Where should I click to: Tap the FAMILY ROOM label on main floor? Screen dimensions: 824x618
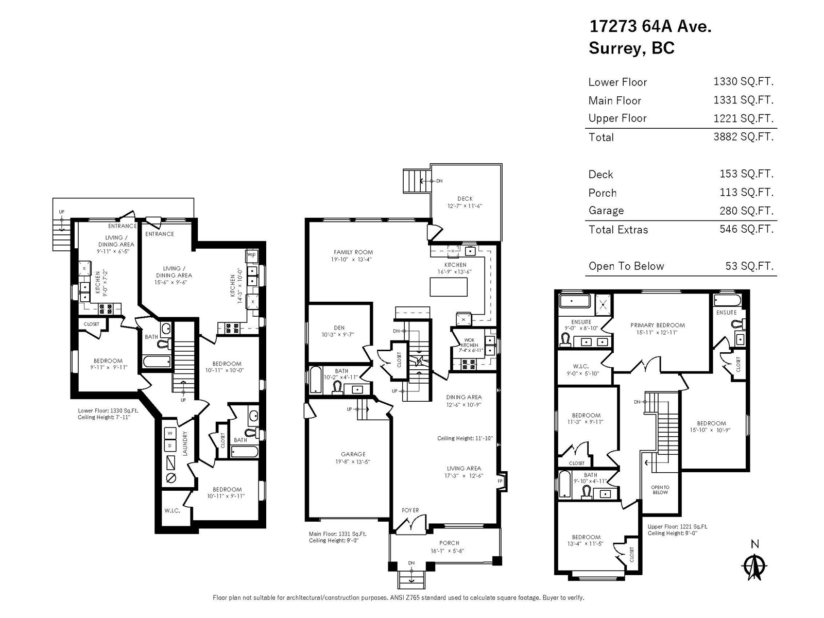coord(353,252)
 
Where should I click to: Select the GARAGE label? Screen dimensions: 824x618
coord(353,454)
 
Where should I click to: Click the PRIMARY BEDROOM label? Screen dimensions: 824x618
coord(657,325)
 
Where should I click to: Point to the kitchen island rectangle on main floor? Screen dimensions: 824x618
coord(449,287)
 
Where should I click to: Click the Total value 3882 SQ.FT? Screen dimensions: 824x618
coord(743,136)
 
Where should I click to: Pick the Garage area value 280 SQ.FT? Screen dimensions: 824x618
coord(746,211)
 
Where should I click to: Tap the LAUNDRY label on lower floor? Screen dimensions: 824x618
coord(185,443)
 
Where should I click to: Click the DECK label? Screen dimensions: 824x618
coord(465,199)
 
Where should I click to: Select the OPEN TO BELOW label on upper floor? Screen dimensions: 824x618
coord(660,490)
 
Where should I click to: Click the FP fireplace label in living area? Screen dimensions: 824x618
coord(500,481)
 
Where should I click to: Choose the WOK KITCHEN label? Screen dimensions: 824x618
coord(469,342)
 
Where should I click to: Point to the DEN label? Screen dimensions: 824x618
coord(339,328)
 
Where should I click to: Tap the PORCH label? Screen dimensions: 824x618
coord(449,543)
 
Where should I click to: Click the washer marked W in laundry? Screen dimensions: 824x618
coord(170,434)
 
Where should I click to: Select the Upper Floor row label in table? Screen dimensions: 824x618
coord(617,118)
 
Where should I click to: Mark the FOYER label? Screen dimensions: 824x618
coord(410,510)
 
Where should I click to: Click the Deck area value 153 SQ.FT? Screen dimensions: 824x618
coord(746,174)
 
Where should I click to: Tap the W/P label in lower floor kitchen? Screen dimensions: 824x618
coord(251,255)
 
